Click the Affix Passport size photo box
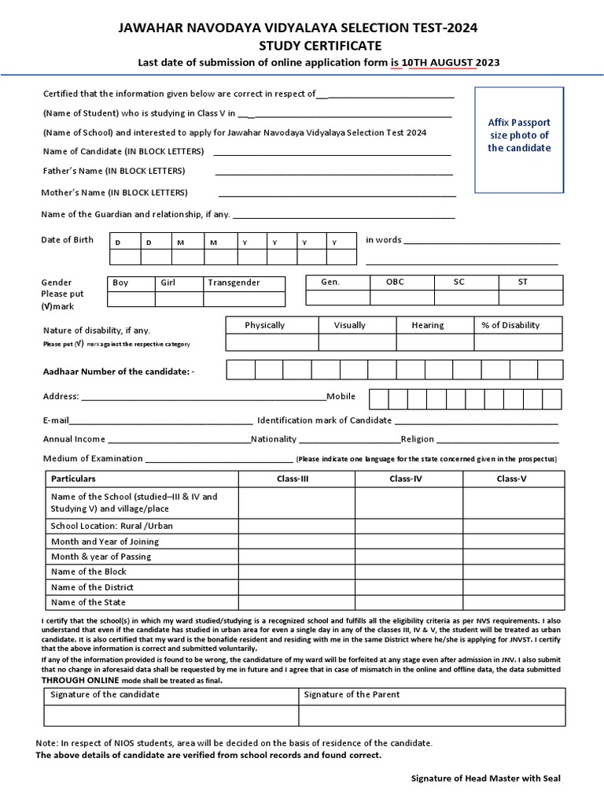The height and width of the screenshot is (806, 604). [519, 140]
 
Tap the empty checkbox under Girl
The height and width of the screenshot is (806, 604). [179, 299]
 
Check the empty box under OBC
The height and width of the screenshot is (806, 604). [395, 299]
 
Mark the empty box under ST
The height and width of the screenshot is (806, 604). [523, 299]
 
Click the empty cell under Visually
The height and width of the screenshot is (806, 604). [357, 342]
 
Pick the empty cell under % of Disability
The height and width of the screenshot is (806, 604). [517, 342]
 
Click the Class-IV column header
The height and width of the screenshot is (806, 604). [408, 479]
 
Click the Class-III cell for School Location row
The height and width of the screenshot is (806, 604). [296, 526]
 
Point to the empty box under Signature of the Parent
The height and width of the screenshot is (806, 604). [429, 715]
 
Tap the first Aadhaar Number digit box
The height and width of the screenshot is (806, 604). [241, 371]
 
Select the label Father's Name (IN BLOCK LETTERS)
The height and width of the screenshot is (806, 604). [114, 171]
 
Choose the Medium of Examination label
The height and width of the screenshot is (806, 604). [93, 458]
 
